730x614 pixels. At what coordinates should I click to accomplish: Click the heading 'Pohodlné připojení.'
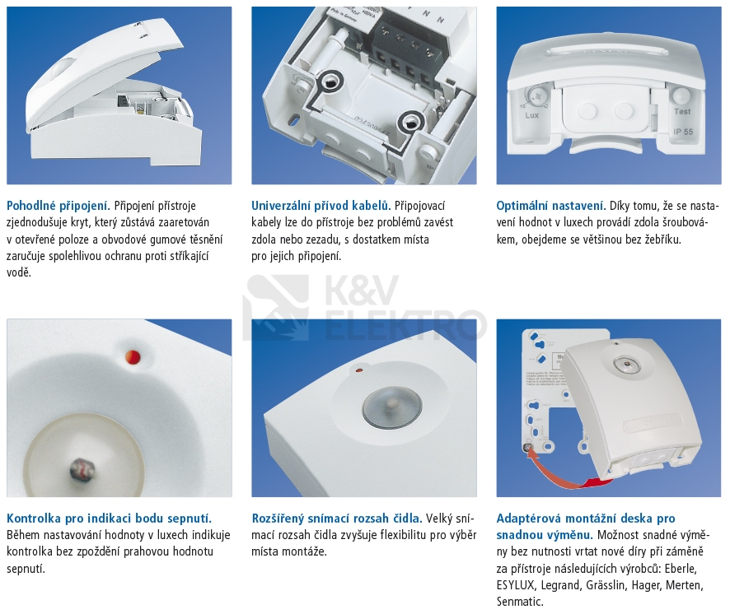pos(58,206)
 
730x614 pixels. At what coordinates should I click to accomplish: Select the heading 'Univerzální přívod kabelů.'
pos(321,206)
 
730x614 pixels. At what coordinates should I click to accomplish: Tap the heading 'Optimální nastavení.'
pos(551,206)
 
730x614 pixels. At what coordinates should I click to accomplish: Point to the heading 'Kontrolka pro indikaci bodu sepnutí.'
pos(109,519)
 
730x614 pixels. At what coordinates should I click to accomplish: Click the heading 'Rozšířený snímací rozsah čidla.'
pos(337,519)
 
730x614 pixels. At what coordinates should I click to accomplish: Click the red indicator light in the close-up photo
pos(133,357)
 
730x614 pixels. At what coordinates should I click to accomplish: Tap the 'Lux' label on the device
pos(531,115)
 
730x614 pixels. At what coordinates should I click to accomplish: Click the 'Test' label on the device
pos(682,112)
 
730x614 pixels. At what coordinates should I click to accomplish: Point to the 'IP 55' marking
pos(683,133)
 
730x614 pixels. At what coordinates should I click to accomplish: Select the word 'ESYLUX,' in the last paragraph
pos(516,585)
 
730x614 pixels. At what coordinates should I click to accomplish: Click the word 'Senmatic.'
pos(520,602)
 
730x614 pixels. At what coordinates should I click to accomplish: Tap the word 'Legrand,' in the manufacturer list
pos(560,585)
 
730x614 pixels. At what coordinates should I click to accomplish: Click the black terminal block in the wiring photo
pos(405,52)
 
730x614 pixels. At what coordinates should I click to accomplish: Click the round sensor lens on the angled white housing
pos(392,408)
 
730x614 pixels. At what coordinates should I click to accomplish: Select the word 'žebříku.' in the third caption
pos(662,240)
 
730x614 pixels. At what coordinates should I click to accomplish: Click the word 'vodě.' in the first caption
pos(19,272)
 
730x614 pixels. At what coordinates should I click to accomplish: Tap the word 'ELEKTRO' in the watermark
pos(405,325)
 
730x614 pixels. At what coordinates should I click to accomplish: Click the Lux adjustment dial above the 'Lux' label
pos(537,97)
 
